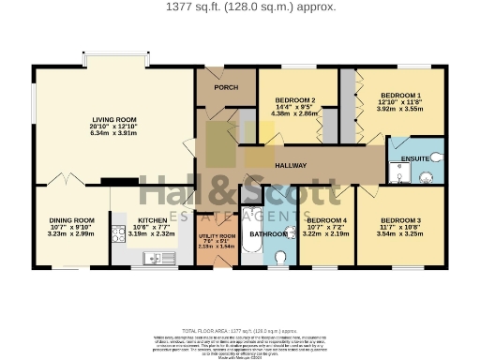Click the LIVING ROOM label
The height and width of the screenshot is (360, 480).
click(114, 119)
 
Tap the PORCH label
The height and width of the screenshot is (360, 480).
click(226, 88)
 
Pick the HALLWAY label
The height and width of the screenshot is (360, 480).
click(291, 165)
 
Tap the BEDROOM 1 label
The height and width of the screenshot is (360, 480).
click(399, 95)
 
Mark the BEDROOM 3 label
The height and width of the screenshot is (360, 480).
click(400, 220)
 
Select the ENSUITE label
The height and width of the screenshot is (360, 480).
click(414, 158)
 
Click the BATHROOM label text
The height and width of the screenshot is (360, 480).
click(267, 233)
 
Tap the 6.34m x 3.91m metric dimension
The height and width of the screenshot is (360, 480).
click(114, 133)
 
